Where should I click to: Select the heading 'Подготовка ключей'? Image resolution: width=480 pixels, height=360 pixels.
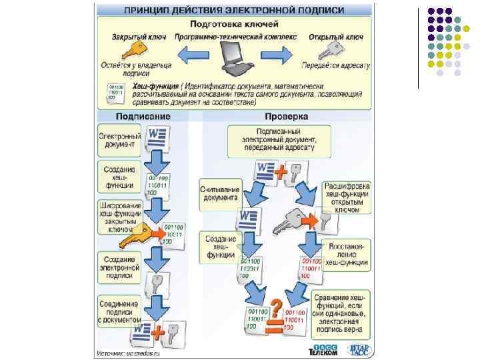[x=234, y=23]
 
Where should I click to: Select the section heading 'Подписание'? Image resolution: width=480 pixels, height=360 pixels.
[x=143, y=117]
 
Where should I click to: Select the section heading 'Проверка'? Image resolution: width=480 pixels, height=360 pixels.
[x=291, y=117]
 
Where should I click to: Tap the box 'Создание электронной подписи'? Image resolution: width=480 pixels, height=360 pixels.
[x=119, y=267]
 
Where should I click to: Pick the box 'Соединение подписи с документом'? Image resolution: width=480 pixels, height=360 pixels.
[x=119, y=311]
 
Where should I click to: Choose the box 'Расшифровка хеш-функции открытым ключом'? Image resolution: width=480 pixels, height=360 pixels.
[x=347, y=197]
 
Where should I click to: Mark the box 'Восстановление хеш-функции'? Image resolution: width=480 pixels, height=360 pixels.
[x=345, y=254]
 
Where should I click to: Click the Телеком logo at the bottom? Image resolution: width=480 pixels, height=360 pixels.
[x=323, y=350]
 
